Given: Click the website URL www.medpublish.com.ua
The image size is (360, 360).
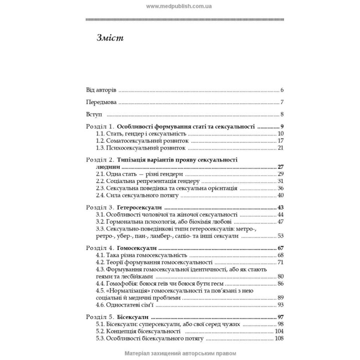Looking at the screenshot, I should (x=179, y=6).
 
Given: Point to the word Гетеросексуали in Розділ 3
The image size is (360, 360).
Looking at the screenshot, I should (x=141, y=207).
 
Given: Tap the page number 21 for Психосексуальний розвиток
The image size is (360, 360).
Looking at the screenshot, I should (x=280, y=148).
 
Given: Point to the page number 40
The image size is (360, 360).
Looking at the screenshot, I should (x=280, y=195).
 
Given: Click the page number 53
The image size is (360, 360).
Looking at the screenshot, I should (x=280, y=236).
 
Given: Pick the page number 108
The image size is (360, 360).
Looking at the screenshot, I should (x=279, y=338).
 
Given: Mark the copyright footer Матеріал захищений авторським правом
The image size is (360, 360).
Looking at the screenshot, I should (x=179, y=353).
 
